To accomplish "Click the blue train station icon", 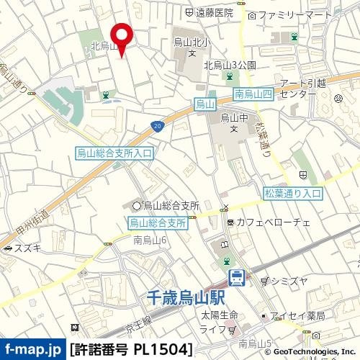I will pos(235,276).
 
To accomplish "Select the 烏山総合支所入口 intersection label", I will pos(114,153).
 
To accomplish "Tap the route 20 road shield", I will pos(157,127).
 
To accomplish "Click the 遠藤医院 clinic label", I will pos(214,12).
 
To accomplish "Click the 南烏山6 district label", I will pos(150,239).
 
